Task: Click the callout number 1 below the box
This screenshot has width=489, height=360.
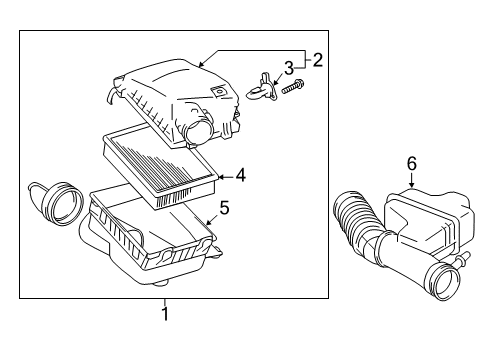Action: point(166,313)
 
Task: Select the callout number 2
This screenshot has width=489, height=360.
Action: point(317,61)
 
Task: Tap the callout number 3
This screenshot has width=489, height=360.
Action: point(288,68)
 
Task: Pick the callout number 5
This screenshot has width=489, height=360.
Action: point(224,209)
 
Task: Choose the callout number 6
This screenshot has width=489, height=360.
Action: point(411,162)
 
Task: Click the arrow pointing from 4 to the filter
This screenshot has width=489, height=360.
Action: point(224,176)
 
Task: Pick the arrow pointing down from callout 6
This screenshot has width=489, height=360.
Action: point(410,180)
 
